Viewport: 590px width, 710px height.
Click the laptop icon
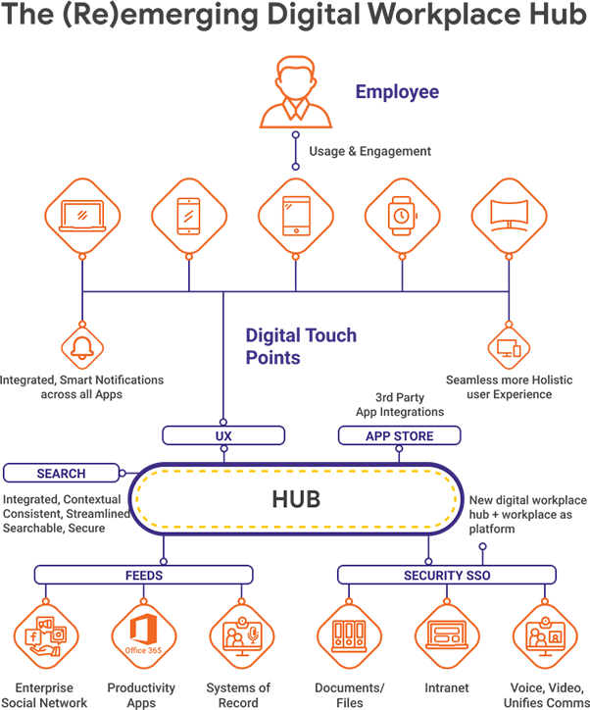pos(82,216)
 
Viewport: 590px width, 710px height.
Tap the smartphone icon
pos(190,216)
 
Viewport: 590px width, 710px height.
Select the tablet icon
pos(296,216)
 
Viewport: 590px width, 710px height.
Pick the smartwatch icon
pos(403,216)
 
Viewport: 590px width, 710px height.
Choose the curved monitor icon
pos(510,216)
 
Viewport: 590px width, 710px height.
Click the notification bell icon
pos(82,345)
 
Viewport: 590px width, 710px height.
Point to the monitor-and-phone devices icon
pos(510,345)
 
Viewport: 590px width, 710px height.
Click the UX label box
pos(223,435)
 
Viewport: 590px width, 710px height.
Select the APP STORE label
pos(399,435)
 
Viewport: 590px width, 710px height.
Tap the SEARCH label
pos(61,474)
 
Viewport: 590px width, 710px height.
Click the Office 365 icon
pos(143,635)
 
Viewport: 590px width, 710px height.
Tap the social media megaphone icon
pos(45,635)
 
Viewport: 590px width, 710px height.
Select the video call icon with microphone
pos(241,635)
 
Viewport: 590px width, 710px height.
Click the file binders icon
pos(349,635)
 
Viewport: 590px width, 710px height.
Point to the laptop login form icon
pos(447,635)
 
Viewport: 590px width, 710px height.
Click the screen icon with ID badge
pos(544,635)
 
